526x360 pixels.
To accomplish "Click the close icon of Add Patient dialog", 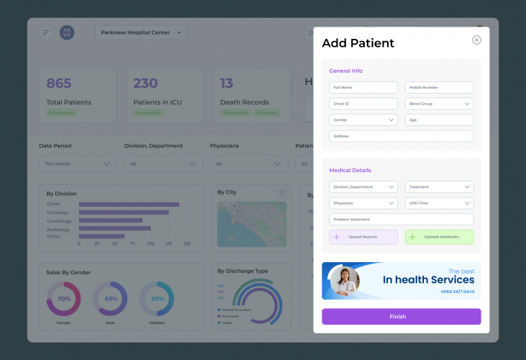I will point(476,40).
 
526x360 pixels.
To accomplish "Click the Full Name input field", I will point(363,87).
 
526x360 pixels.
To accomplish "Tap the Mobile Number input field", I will point(439,87).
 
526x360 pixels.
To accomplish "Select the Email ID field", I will point(363,104).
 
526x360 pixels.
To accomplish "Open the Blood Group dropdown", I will point(439,104).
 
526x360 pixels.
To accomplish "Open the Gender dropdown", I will point(363,120).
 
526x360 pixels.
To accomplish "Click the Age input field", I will point(439,120).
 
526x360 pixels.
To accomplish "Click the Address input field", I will point(401,136).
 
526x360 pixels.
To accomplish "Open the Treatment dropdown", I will point(439,187).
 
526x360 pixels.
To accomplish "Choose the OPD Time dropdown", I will point(439,203).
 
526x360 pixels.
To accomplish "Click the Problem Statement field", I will point(401,220).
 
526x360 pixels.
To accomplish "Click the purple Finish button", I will point(401,317).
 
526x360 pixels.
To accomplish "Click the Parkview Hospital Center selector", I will point(140,32).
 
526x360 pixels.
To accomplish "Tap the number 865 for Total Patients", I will point(59,84).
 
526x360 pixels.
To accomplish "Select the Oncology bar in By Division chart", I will point(123,212).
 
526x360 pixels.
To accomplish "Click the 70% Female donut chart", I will point(64,299).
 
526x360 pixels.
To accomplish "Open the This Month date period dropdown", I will point(78,164).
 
